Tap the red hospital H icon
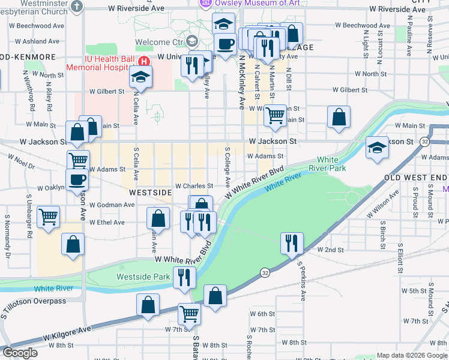(x=144, y=61)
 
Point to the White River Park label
(x=327, y=164)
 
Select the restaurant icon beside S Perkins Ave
(x=291, y=243)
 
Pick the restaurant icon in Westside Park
(x=184, y=277)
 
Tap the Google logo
(x=20, y=353)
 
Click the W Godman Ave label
(x=112, y=205)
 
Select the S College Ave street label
(x=228, y=166)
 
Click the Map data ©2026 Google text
(x=411, y=355)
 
